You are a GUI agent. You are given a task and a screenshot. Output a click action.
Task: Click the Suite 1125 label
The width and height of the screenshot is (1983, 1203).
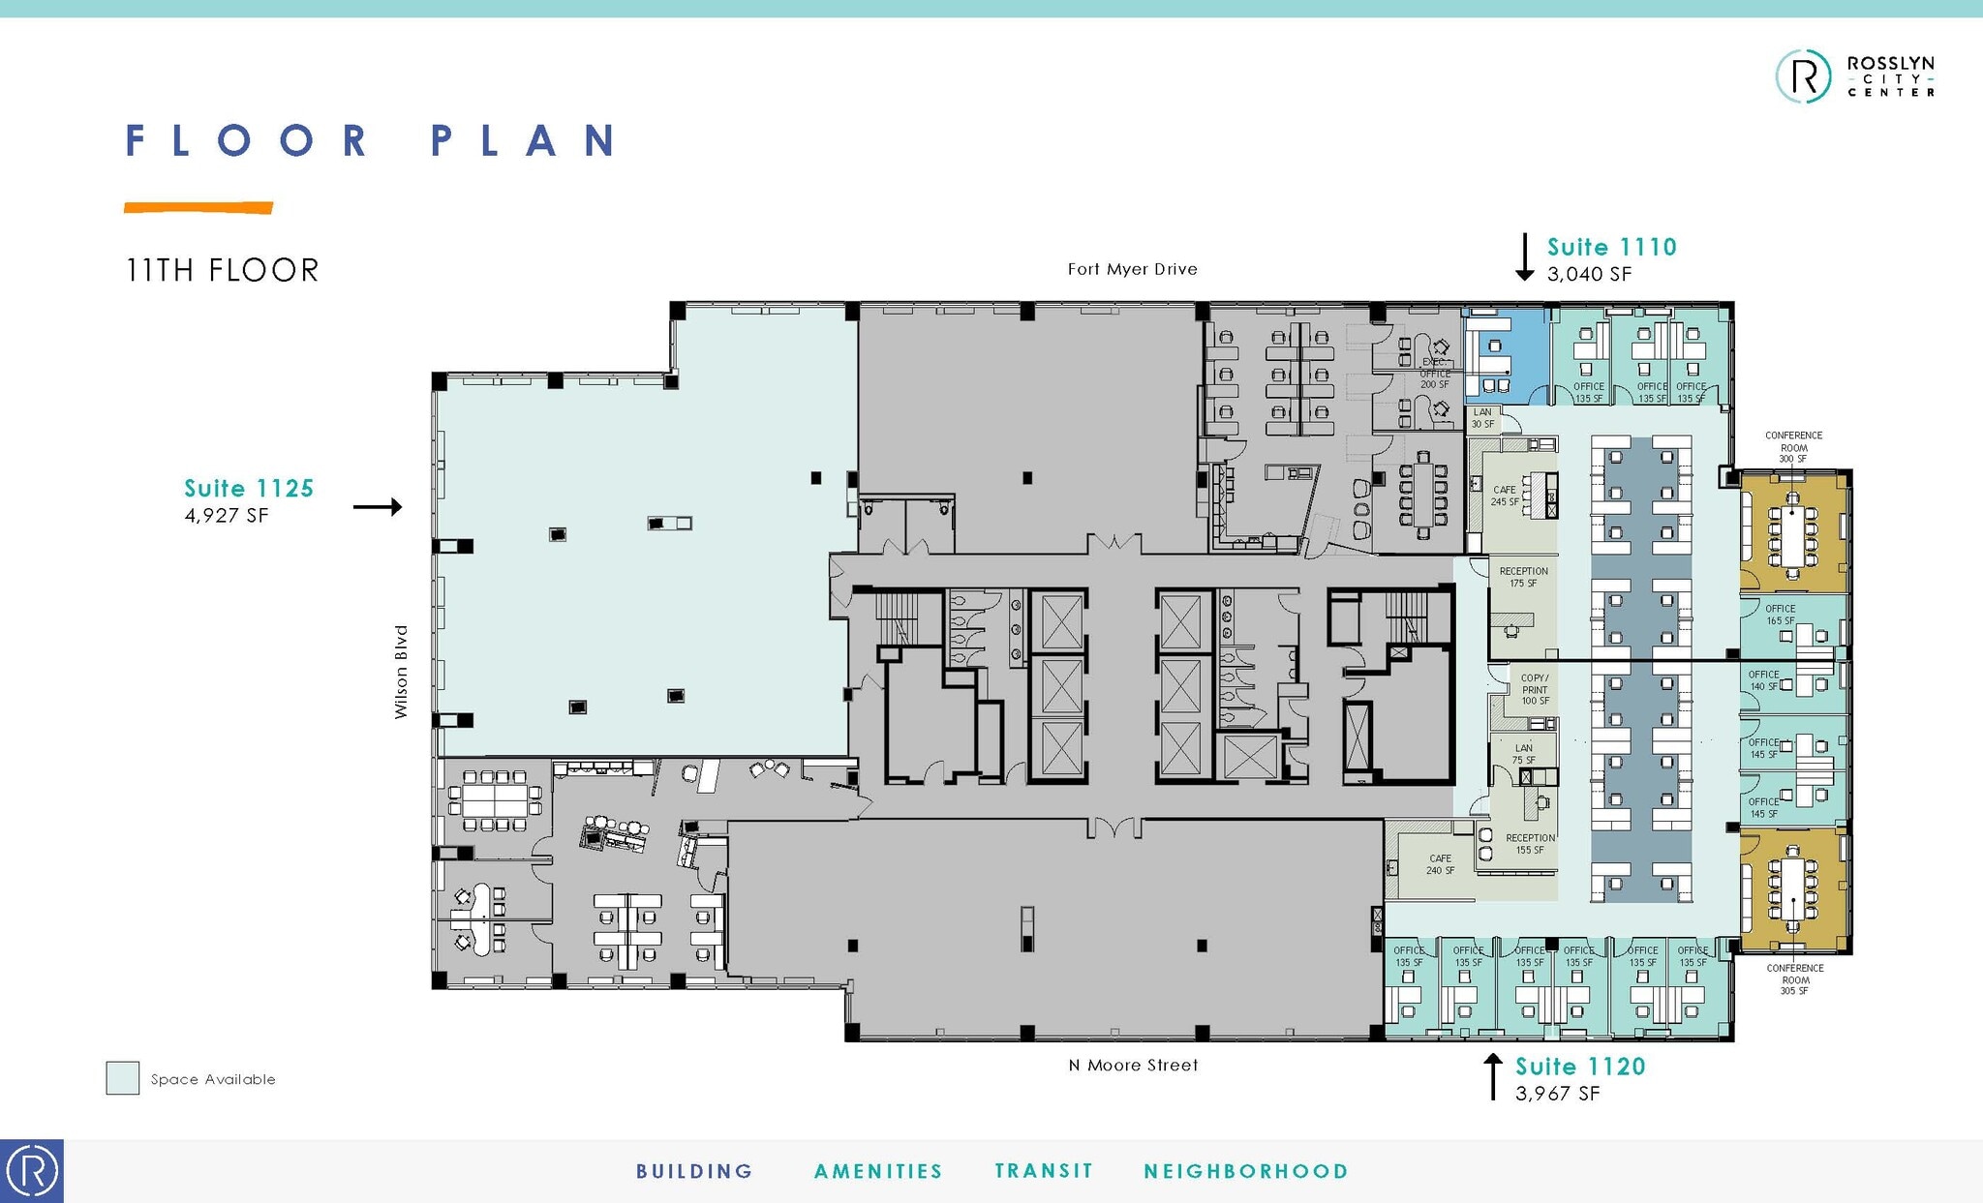click(249, 489)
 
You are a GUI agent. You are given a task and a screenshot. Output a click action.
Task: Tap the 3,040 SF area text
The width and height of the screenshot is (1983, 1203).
click(1589, 275)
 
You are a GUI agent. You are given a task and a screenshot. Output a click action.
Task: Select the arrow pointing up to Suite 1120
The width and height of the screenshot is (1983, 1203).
click(1493, 1076)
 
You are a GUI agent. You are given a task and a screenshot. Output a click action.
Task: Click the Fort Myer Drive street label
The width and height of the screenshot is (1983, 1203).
click(1132, 269)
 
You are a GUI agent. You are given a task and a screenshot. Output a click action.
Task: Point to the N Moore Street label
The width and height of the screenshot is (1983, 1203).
click(1133, 1066)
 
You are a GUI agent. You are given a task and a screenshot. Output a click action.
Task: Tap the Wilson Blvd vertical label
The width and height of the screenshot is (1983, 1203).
click(401, 672)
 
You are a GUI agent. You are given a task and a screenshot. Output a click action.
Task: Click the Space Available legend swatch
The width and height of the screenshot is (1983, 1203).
click(123, 1078)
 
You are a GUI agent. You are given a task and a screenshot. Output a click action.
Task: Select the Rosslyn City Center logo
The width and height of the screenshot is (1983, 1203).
click(1854, 76)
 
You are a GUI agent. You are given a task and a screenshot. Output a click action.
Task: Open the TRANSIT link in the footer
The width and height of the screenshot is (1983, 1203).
click(1043, 1171)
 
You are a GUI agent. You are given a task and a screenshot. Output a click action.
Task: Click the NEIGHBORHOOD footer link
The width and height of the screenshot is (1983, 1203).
click(1246, 1171)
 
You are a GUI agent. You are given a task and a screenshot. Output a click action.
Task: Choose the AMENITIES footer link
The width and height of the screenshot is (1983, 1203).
click(878, 1171)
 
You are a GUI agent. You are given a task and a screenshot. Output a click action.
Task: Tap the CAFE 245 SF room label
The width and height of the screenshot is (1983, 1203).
click(1504, 496)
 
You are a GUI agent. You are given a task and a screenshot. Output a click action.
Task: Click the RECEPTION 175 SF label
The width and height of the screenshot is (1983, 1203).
click(1523, 577)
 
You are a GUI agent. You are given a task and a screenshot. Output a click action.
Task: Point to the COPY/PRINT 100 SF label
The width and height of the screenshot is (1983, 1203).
click(1535, 689)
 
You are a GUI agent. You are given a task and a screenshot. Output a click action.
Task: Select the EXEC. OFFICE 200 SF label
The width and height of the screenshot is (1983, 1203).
click(1435, 374)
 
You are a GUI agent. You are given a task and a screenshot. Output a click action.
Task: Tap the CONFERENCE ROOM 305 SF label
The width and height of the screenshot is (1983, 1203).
click(1794, 978)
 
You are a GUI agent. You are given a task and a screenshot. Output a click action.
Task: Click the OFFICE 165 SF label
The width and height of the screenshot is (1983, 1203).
click(1780, 615)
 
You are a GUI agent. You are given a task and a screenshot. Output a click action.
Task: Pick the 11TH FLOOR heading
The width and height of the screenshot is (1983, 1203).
click(222, 270)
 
